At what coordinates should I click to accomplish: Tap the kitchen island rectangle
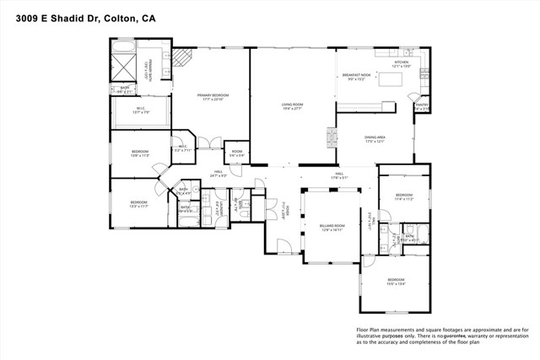coord(391,79)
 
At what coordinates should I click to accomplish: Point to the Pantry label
coord(421,106)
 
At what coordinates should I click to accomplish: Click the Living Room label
coord(292,106)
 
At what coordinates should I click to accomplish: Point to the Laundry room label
coord(218,205)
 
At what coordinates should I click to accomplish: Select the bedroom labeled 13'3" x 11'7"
coord(139,203)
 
